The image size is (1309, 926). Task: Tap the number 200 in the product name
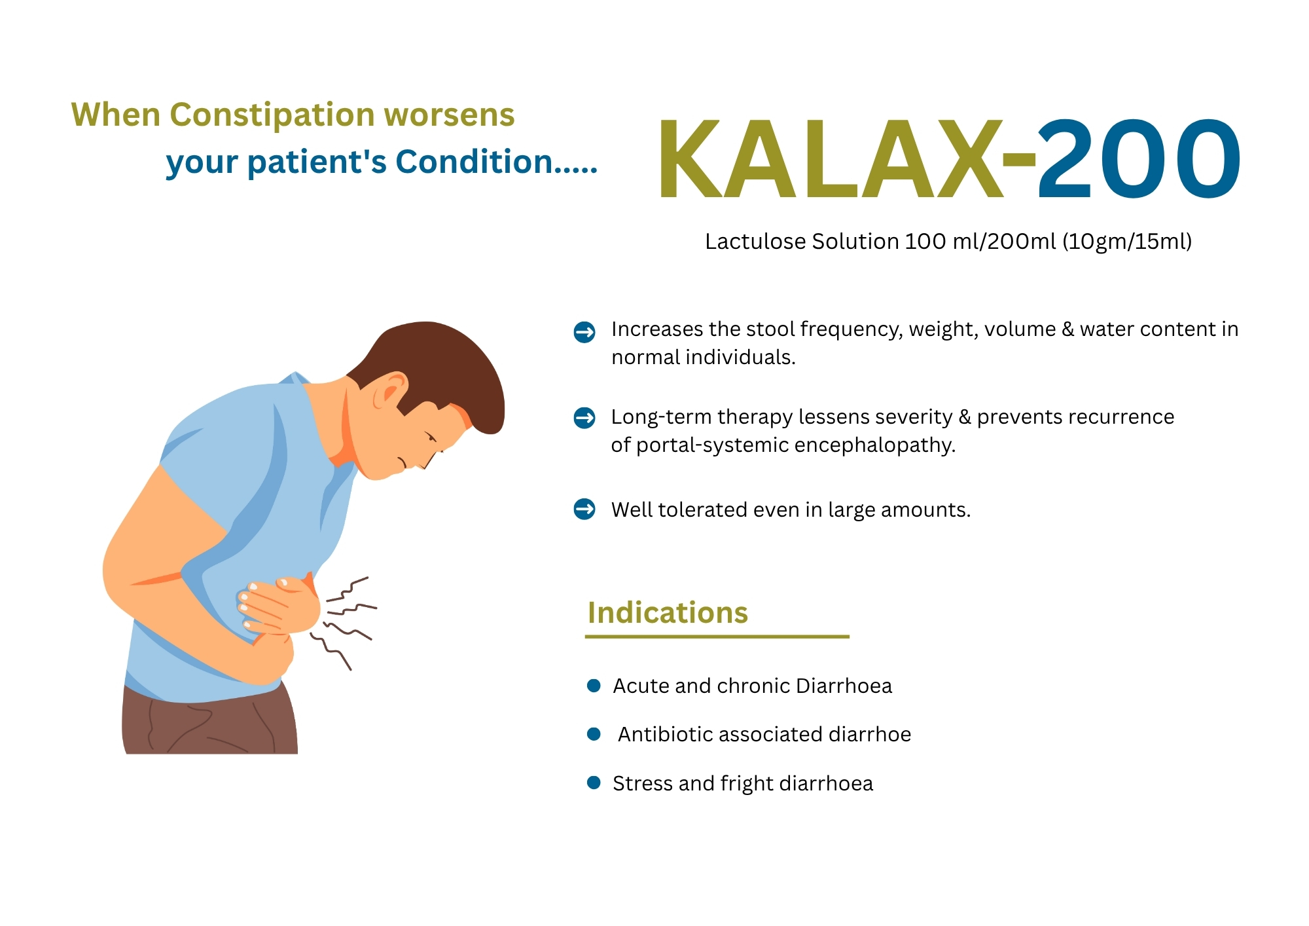click(x=1139, y=158)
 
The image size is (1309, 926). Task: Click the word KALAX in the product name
click(x=831, y=159)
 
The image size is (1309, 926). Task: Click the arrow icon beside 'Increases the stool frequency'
click(x=584, y=332)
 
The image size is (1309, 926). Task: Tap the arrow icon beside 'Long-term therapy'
click(x=584, y=417)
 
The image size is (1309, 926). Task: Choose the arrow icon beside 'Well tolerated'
click(x=584, y=509)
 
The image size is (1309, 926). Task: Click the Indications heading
click(x=668, y=613)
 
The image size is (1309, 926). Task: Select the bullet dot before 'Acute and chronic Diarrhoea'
click(x=594, y=686)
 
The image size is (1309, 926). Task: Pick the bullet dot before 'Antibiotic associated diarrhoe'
click(x=594, y=734)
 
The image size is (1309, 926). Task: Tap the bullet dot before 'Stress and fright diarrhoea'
click(x=594, y=783)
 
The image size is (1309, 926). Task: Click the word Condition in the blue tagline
click(x=475, y=162)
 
